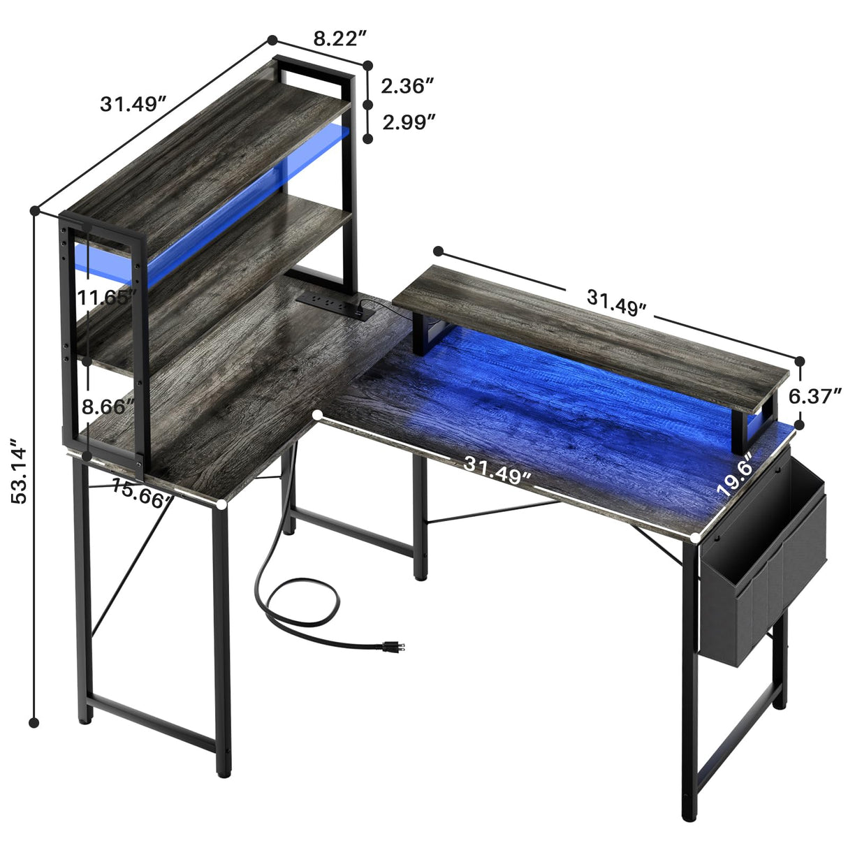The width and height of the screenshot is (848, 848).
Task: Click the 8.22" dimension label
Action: pos(339,39)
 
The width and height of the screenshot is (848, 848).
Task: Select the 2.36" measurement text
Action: pos(408,86)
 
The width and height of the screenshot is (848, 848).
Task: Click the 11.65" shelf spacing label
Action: pos(106,298)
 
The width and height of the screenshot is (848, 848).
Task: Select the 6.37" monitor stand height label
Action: pos(814,397)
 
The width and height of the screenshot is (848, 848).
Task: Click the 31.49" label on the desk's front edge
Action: pos(497,470)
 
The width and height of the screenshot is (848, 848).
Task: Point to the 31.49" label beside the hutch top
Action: pos(133,104)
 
